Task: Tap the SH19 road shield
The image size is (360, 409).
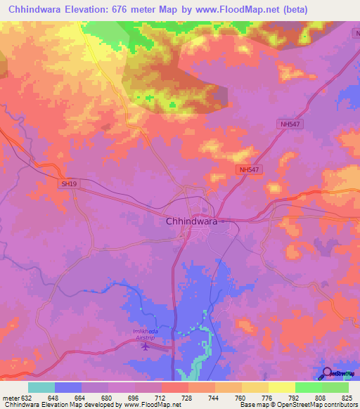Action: [68, 183]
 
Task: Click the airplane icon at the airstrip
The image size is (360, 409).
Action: [146, 345]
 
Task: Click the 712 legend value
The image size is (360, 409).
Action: [162, 398]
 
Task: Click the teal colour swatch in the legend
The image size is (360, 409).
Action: [41, 387]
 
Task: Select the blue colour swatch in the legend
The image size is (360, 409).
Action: [68, 387]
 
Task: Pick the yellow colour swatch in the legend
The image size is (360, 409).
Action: [282, 387]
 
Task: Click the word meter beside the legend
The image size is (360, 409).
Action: [11, 398]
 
